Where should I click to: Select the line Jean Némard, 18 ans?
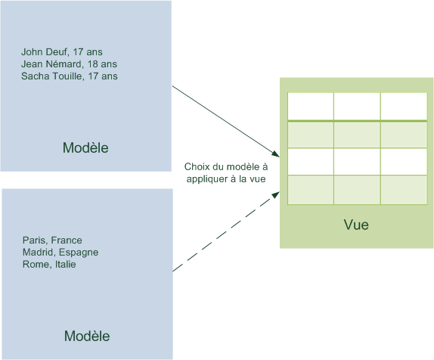click(x=69, y=64)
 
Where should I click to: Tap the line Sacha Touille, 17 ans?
click(x=69, y=76)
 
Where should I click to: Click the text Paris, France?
click(x=52, y=241)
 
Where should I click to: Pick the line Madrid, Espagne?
click(x=60, y=253)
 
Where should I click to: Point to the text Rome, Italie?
click(x=49, y=265)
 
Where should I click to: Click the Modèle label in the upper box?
click(x=85, y=147)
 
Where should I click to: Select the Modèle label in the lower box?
click(x=86, y=336)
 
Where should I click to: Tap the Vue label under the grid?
click(x=356, y=225)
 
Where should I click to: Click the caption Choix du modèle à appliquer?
click(x=225, y=172)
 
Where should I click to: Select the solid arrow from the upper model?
click(x=223, y=117)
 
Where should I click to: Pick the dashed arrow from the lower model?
click(x=223, y=235)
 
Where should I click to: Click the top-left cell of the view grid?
click(x=310, y=106)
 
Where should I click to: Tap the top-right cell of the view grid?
click(x=403, y=106)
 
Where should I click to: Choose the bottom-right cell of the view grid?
click(x=403, y=189)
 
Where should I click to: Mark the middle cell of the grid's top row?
click(x=356, y=106)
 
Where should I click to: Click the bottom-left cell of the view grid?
click(x=310, y=189)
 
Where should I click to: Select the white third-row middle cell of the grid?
click(x=356, y=161)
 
